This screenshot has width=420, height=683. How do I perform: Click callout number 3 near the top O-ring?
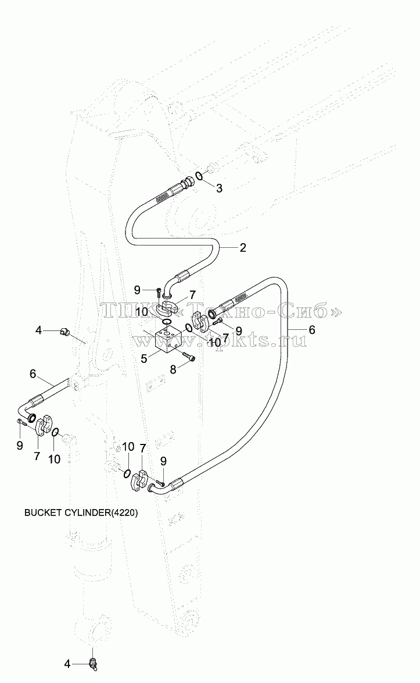tap(219, 188)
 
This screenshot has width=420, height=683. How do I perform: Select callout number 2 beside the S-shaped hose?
tap(243, 248)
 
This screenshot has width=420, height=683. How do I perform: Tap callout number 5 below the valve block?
tap(143, 360)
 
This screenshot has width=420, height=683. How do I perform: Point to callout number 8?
tap(173, 370)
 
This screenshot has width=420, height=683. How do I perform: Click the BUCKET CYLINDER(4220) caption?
tap(81, 513)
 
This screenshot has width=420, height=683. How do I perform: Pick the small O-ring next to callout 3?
tap(198, 176)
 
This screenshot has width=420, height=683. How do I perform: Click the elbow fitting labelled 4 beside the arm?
tap(66, 332)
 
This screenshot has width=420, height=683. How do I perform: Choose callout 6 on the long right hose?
tap(312, 330)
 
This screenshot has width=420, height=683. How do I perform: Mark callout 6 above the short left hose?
tap(33, 374)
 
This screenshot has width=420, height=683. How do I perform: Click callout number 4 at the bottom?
tap(67, 664)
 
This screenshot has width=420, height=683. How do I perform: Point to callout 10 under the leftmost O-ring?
tap(55, 458)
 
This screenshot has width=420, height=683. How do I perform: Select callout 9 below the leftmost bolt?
tap(20, 446)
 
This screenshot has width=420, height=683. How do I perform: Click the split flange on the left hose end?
tap(42, 426)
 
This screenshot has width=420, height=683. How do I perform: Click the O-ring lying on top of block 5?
tap(166, 322)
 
